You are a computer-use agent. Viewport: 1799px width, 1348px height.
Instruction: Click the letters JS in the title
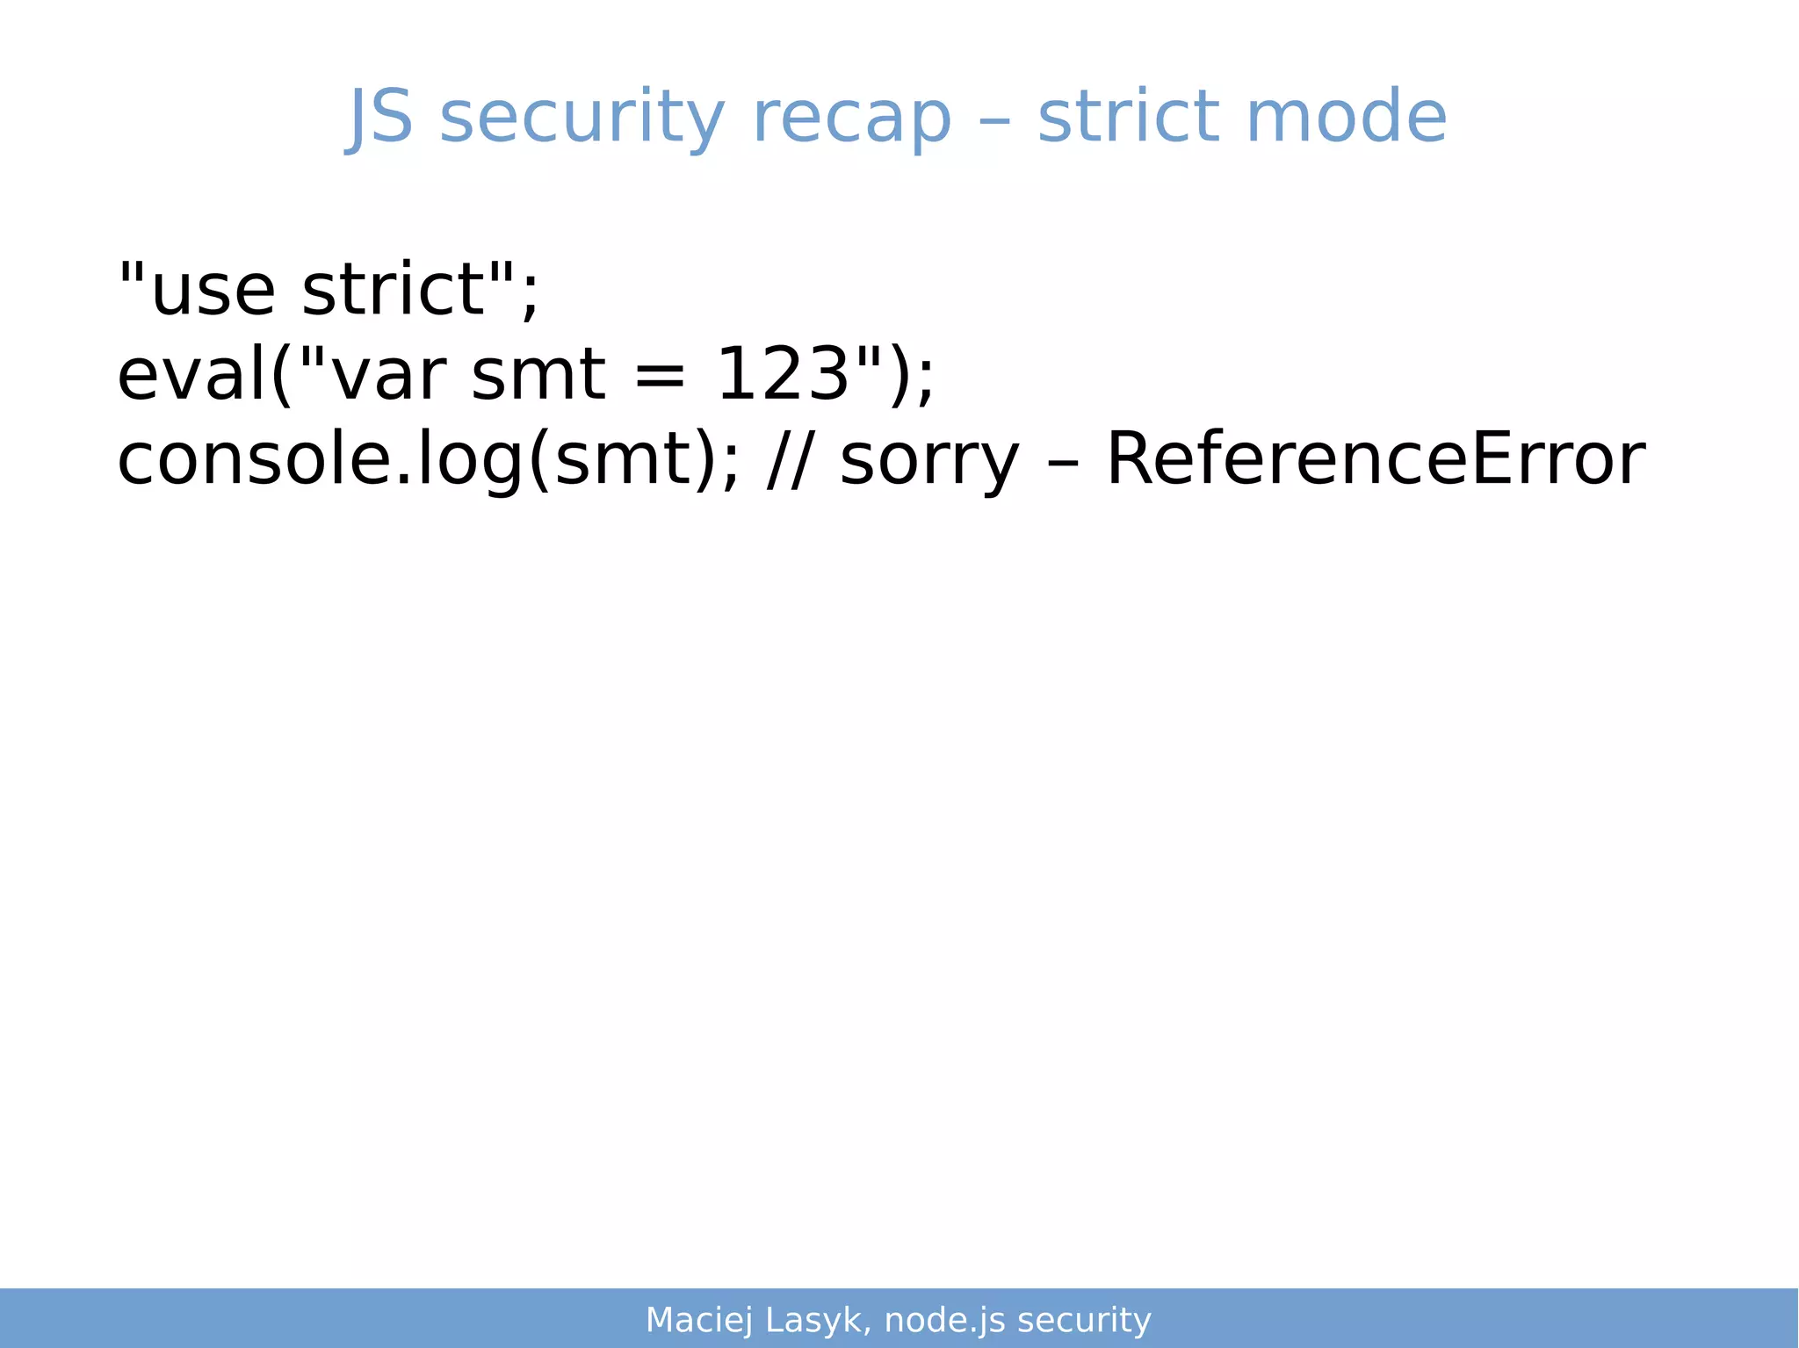coord(380,118)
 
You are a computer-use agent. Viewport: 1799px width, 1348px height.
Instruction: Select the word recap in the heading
coord(851,118)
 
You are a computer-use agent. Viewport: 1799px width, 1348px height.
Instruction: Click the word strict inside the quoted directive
coord(394,290)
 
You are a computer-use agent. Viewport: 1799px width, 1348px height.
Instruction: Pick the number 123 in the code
coord(783,375)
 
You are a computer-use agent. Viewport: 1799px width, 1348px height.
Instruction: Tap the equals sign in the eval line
coord(659,375)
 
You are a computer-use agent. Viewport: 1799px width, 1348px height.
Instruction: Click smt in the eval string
coord(538,375)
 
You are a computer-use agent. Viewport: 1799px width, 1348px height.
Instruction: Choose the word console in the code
coord(255,460)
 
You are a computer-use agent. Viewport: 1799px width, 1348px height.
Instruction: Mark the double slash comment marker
coord(787,460)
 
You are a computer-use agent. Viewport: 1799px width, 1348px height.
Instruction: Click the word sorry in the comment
coord(929,460)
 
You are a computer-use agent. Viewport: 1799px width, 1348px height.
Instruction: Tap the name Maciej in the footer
coord(699,1320)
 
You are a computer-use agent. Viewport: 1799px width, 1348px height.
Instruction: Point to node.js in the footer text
coord(944,1320)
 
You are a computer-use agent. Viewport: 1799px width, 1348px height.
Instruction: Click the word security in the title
coord(582,118)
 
